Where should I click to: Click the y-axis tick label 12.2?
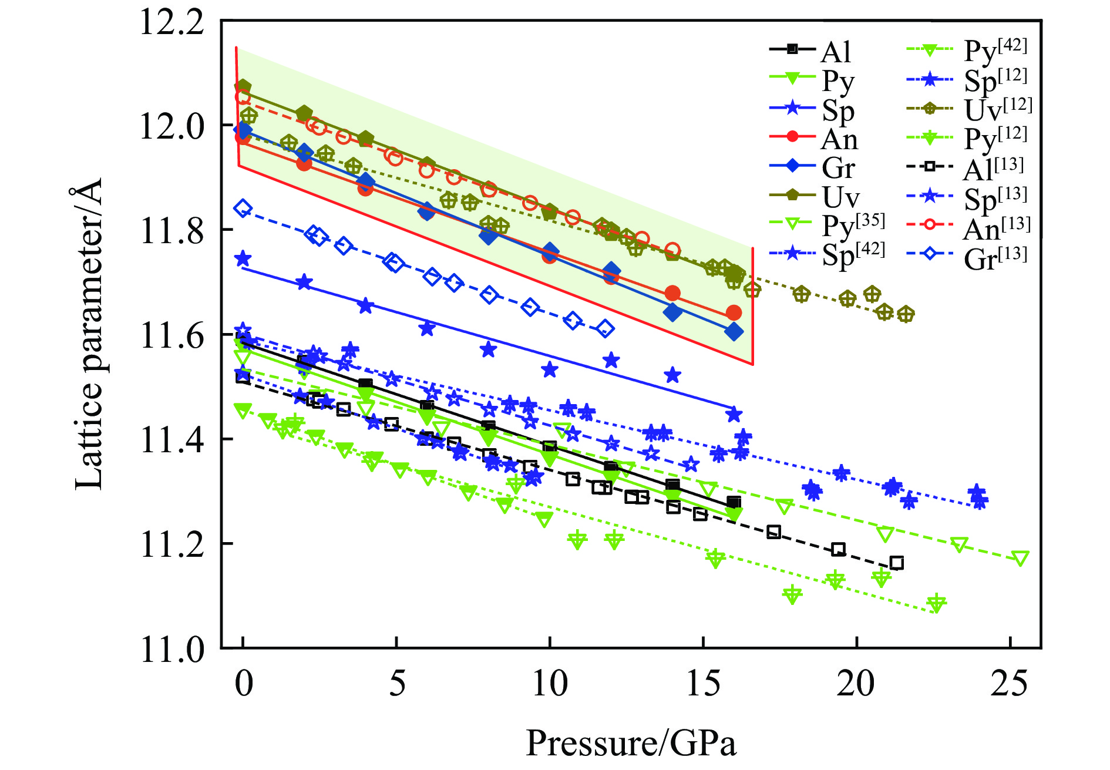click(171, 23)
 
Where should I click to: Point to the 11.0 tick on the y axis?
click(171, 650)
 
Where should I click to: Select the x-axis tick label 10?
click(550, 684)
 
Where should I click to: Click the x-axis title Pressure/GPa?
click(631, 743)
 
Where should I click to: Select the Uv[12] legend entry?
click(969, 109)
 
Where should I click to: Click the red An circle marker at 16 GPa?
click(734, 312)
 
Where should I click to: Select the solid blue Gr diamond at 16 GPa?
click(734, 332)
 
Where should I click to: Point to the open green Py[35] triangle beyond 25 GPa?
click(1021, 558)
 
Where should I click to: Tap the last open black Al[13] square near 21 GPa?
click(896, 563)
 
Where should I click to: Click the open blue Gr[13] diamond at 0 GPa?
click(243, 209)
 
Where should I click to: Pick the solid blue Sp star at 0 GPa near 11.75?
click(243, 258)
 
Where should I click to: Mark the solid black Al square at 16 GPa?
click(734, 502)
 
